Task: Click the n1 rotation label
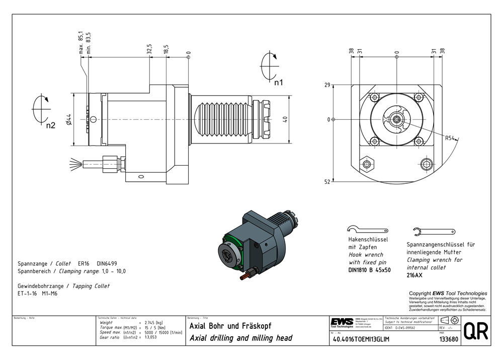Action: pos(279,82)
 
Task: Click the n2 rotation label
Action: pos(50,125)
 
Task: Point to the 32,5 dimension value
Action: pos(149,49)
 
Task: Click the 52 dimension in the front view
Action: pos(327,182)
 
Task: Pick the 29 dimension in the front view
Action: pos(327,86)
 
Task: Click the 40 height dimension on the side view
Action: pos(285,119)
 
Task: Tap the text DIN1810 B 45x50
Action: pos(370,270)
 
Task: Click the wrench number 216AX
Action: pos(415,275)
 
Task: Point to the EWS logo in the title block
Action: pos(341,322)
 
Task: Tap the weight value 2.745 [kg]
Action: pos(153,322)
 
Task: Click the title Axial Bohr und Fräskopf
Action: pos(230,326)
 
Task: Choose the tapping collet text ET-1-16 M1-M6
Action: pos(38,293)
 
